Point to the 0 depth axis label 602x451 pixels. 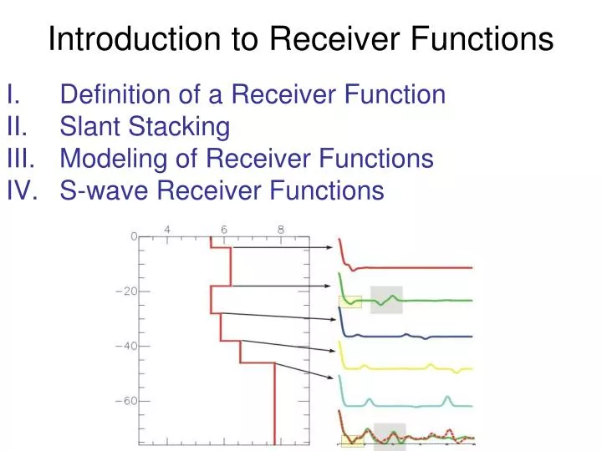point(132,237)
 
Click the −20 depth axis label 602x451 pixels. point(125,291)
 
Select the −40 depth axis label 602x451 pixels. point(125,346)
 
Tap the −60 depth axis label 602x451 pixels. point(125,401)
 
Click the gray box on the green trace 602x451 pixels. point(386,300)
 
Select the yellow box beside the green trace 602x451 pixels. point(349,302)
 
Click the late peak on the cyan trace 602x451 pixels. point(448,398)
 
